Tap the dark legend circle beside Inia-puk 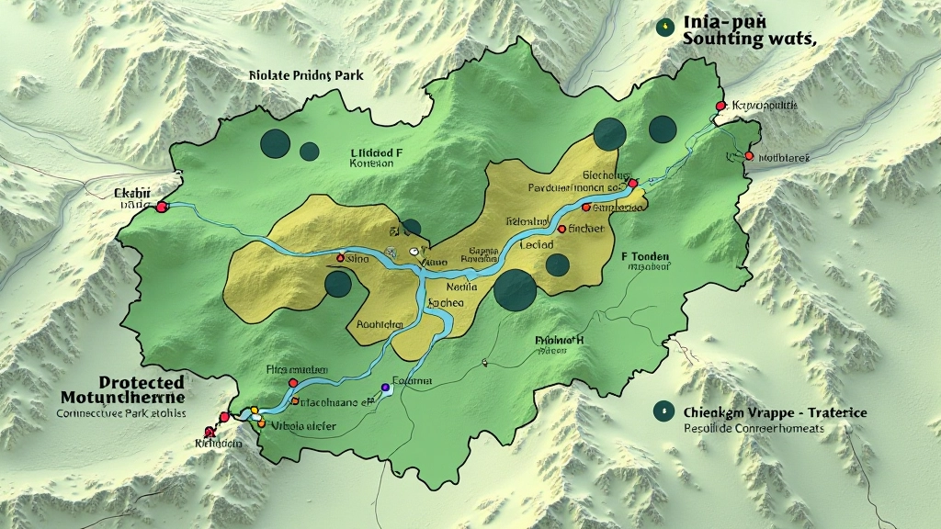point(663,28)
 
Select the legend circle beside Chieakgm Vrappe point(660,412)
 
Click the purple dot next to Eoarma point(384,388)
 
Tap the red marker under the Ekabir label point(162,208)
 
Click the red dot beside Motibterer point(749,156)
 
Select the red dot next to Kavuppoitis point(720,107)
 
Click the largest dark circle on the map point(515,290)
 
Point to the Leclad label point(536,245)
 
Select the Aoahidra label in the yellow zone point(379,324)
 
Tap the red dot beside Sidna point(341,259)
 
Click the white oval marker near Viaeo point(414,250)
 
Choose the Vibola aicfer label point(303,426)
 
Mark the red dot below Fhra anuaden point(292,382)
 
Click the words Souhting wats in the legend point(750,39)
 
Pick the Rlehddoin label point(219,443)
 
